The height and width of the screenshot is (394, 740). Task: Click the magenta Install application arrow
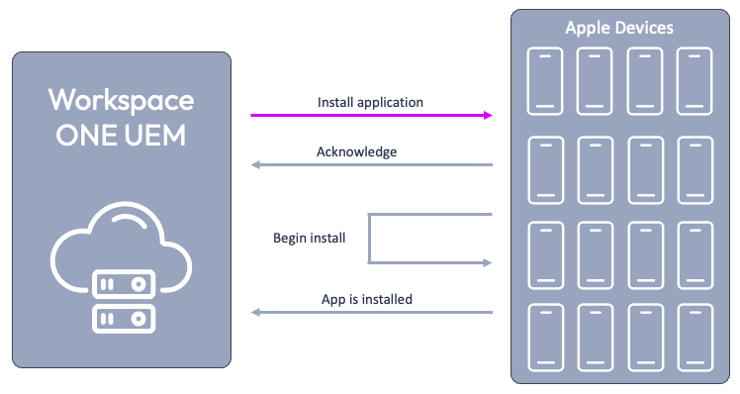(x=371, y=116)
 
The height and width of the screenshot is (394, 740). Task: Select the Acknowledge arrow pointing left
(x=371, y=164)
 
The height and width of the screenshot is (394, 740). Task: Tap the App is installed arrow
(x=371, y=312)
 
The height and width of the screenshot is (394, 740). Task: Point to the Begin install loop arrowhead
(x=486, y=262)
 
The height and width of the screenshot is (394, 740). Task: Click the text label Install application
(x=370, y=102)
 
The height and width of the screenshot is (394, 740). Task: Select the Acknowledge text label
(x=356, y=151)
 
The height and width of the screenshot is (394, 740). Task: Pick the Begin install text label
(x=309, y=239)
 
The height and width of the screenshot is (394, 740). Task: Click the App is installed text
(x=367, y=298)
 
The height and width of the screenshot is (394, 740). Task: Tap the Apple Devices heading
(x=619, y=28)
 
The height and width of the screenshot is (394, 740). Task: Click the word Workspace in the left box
(x=122, y=100)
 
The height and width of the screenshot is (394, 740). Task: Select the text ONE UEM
(x=121, y=136)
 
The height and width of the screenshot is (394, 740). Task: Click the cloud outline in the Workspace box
(x=121, y=243)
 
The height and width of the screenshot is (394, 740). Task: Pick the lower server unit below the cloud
(x=121, y=319)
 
